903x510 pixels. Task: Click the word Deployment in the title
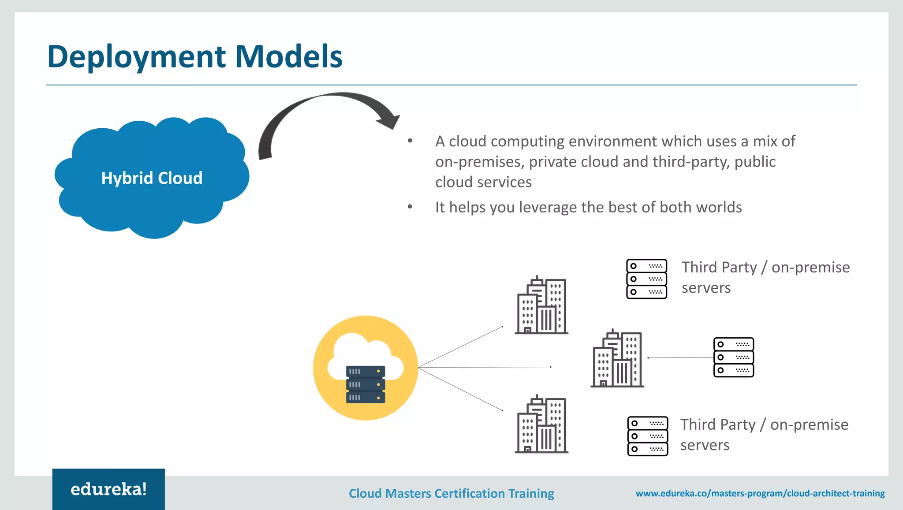coord(137,57)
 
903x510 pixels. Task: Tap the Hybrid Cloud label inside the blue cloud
coord(152,178)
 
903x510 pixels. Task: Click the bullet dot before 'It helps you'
coord(410,206)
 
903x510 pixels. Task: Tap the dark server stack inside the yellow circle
coord(366,384)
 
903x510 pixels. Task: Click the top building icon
coord(541,305)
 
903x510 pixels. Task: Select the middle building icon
coord(617,358)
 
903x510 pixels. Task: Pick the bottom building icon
coord(541,424)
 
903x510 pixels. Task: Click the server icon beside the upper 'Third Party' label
coord(646,279)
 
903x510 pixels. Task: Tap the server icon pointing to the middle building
coord(733,357)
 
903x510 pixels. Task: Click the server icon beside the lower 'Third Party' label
coord(647,436)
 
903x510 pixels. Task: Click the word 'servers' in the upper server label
coord(706,288)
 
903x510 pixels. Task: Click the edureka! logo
coord(108,489)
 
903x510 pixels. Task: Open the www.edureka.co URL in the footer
coord(760,493)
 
